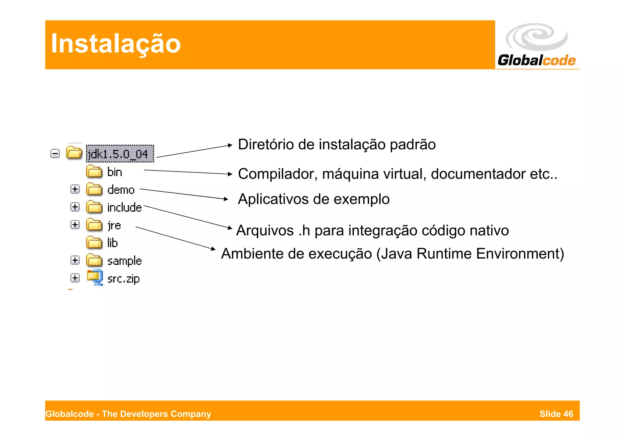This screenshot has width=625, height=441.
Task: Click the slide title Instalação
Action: [116, 44]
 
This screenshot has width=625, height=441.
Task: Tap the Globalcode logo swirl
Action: [536, 37]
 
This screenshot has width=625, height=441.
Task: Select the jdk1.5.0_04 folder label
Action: [118, 154]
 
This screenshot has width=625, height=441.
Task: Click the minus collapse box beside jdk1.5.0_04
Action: [55, 153]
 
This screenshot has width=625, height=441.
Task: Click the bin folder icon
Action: [94, 172]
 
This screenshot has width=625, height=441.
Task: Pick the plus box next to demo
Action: [75, 189]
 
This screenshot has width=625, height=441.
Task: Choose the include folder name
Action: [125, 208]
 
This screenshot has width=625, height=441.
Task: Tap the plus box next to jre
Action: [75, 225]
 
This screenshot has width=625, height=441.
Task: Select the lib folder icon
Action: [94, 243]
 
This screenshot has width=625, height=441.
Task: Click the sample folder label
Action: [125, 261]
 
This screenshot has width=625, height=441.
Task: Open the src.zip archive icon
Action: [95, 277]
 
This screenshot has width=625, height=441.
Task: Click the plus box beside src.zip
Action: [75, 278]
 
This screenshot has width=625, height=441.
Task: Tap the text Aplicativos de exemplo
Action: [313, 199]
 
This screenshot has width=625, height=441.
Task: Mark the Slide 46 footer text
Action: [556, 414]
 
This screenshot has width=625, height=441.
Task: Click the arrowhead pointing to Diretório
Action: [230, 145]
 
